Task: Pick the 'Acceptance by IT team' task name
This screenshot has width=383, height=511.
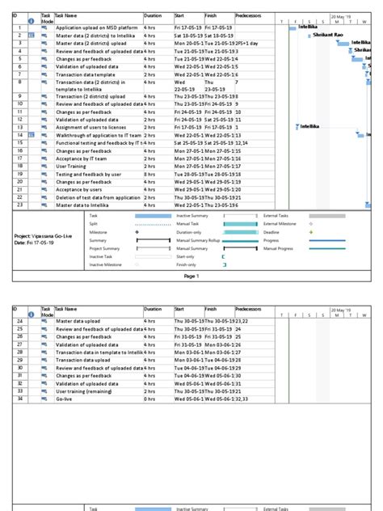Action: click(84, 158)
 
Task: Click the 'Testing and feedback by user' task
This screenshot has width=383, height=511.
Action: click(89, 174)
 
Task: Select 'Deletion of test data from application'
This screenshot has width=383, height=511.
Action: click(98, 197)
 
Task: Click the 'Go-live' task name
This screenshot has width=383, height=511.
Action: click(65, 399)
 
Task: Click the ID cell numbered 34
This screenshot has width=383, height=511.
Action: click(19, 399)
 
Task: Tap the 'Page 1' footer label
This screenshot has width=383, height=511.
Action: click(191, 276)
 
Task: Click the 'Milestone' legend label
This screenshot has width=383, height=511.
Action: click(98, 232)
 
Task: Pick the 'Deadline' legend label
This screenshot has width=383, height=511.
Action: click(271, 232)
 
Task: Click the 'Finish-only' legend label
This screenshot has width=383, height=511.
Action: click(186, 264)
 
